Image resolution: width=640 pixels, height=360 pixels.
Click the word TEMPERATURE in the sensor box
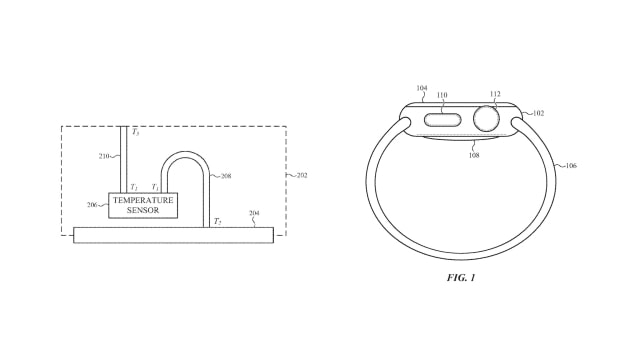click(x=143, y=200)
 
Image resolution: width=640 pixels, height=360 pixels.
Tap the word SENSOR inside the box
click(x=143, y=210)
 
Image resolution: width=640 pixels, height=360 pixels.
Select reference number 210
click(x=104, y=156)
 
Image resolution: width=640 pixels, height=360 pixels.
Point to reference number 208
click(x=226, y=176)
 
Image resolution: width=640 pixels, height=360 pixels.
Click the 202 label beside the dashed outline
click(x=302, y=176)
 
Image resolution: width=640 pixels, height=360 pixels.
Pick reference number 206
click(x=92, y=205)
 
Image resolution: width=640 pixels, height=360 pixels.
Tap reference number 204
click(x=254, y=213)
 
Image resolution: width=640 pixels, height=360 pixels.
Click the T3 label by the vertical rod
click(x=136, y=132)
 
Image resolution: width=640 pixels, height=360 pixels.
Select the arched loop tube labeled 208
click(x=186, y=154)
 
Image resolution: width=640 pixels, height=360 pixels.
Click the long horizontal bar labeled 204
click(x=173, y=235)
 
